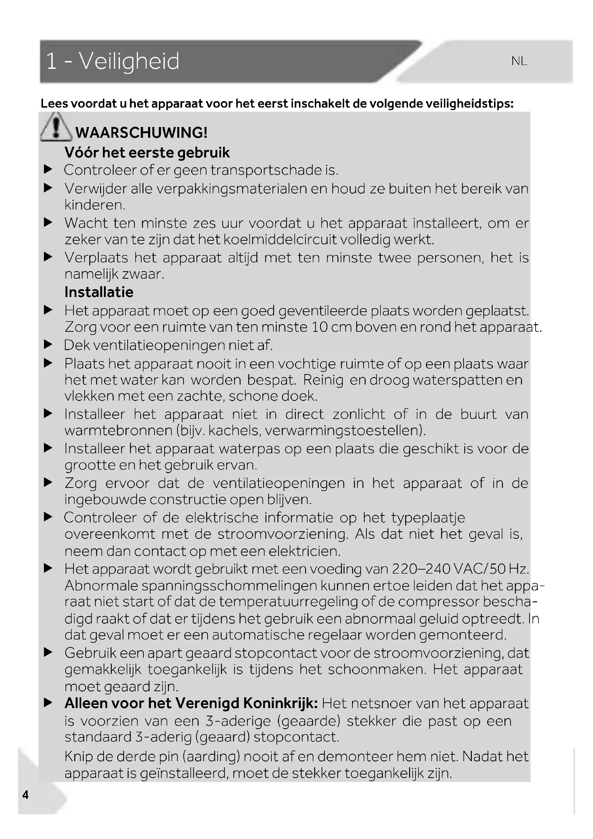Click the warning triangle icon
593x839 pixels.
click(x=56, y=128)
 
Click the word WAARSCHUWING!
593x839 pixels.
click(x=141, y=133)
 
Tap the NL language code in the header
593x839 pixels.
click(x=519, y=61)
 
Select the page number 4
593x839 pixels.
click(x=25, y=795)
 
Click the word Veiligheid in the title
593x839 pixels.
click(x=129, y=61)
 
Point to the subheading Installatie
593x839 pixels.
click(x=99, y=292)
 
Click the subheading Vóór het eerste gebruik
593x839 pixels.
click(x=147, y=153)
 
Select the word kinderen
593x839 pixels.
click(x=95, y=205)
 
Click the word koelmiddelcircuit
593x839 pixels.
click(x=280, y=240)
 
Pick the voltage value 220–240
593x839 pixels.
click(x=420, y=569)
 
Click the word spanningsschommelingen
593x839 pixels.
click(x=229, y=586)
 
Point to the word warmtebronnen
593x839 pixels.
click(x=118, y=430)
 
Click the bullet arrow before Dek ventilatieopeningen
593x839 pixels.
click(x=48, y=345)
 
